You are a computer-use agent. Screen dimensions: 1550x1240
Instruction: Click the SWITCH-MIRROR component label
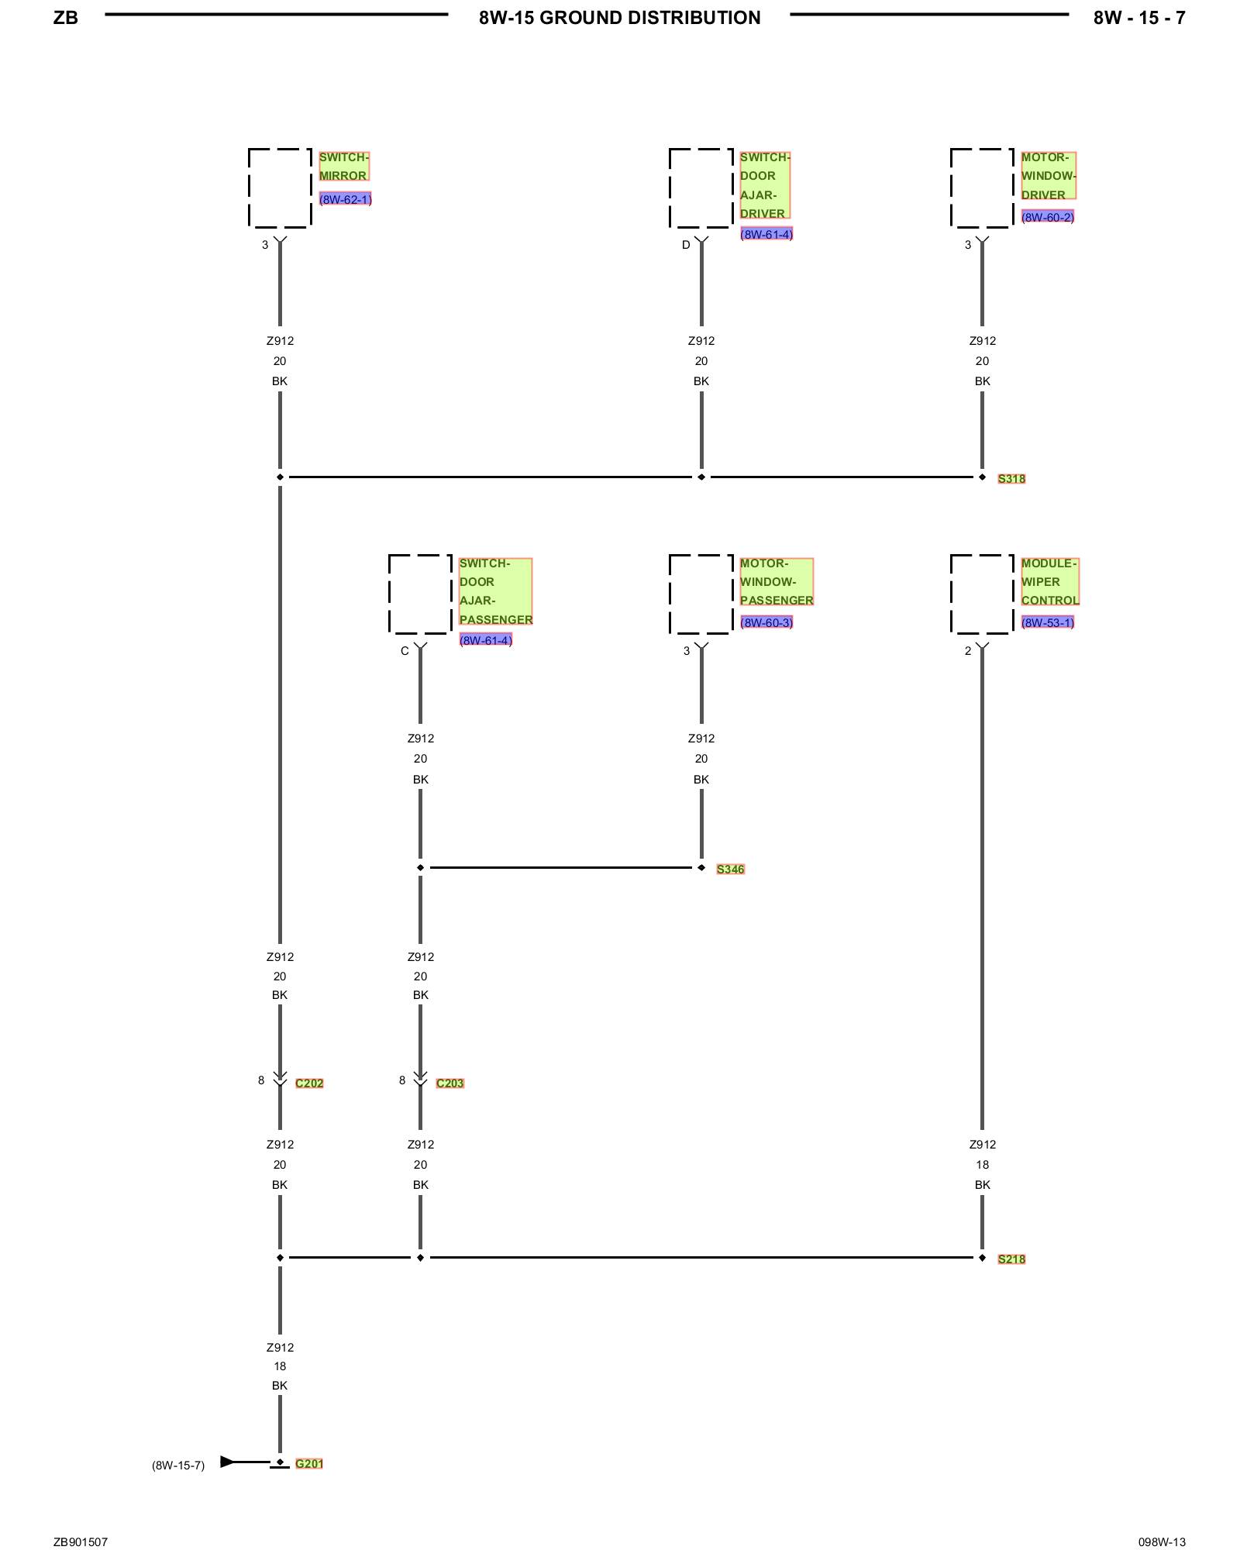pyautogui.click(x=343, y=167)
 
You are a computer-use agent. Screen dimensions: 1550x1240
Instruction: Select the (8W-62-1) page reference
pyautogui.click(x=345, y=199)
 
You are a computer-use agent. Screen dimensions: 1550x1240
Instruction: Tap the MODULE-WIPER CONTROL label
pyautogui.click(x=1049, y=582)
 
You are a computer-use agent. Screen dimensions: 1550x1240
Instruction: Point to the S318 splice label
pyautogui.click(x=1011, y=479)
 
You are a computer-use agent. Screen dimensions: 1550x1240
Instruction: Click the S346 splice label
pyautogui.click(x=730, y=870)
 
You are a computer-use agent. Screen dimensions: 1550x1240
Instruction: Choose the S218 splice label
pyautogui.click(x=1011, y=1259)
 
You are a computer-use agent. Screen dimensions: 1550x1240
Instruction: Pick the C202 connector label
pyautogui.click(x=309, y=1083)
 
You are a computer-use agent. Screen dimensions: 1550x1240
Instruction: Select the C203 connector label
pyautogui.click(x=449, y=1083)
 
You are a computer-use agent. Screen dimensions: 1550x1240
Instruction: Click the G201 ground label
pyautogui.click(x=308, y=1464)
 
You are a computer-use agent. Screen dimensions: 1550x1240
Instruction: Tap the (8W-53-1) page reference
pyautogui.click(x=1047, y=622)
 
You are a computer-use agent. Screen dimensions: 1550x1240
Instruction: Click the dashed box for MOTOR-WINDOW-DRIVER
pyautogui.click(x=982, y=188)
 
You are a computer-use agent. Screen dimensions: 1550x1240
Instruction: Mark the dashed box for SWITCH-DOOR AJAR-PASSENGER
pyautogui.click(x=420, y=594)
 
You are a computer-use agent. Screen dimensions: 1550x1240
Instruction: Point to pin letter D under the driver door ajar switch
pyautogui.click(x=686, y=245)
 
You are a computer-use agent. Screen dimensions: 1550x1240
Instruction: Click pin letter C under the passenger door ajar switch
pyautogui.click(x=405, y=651)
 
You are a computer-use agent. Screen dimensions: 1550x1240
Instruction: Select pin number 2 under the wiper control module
pyautogui.click(x=968, y=651)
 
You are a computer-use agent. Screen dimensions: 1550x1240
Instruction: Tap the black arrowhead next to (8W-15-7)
pyautogui.click(x=227, y=1462)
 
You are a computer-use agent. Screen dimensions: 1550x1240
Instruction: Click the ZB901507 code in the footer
pyautogui.click(x=81, y=1542)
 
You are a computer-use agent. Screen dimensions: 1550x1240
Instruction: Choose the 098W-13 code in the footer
pyautogui.click(x=1162, y=1542)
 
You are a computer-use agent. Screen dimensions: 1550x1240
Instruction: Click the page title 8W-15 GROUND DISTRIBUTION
pyautogui.click(x=619, y=18)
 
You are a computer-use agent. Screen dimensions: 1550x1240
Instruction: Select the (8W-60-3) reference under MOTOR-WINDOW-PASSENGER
pyautogui.click(x=766, y=622)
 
